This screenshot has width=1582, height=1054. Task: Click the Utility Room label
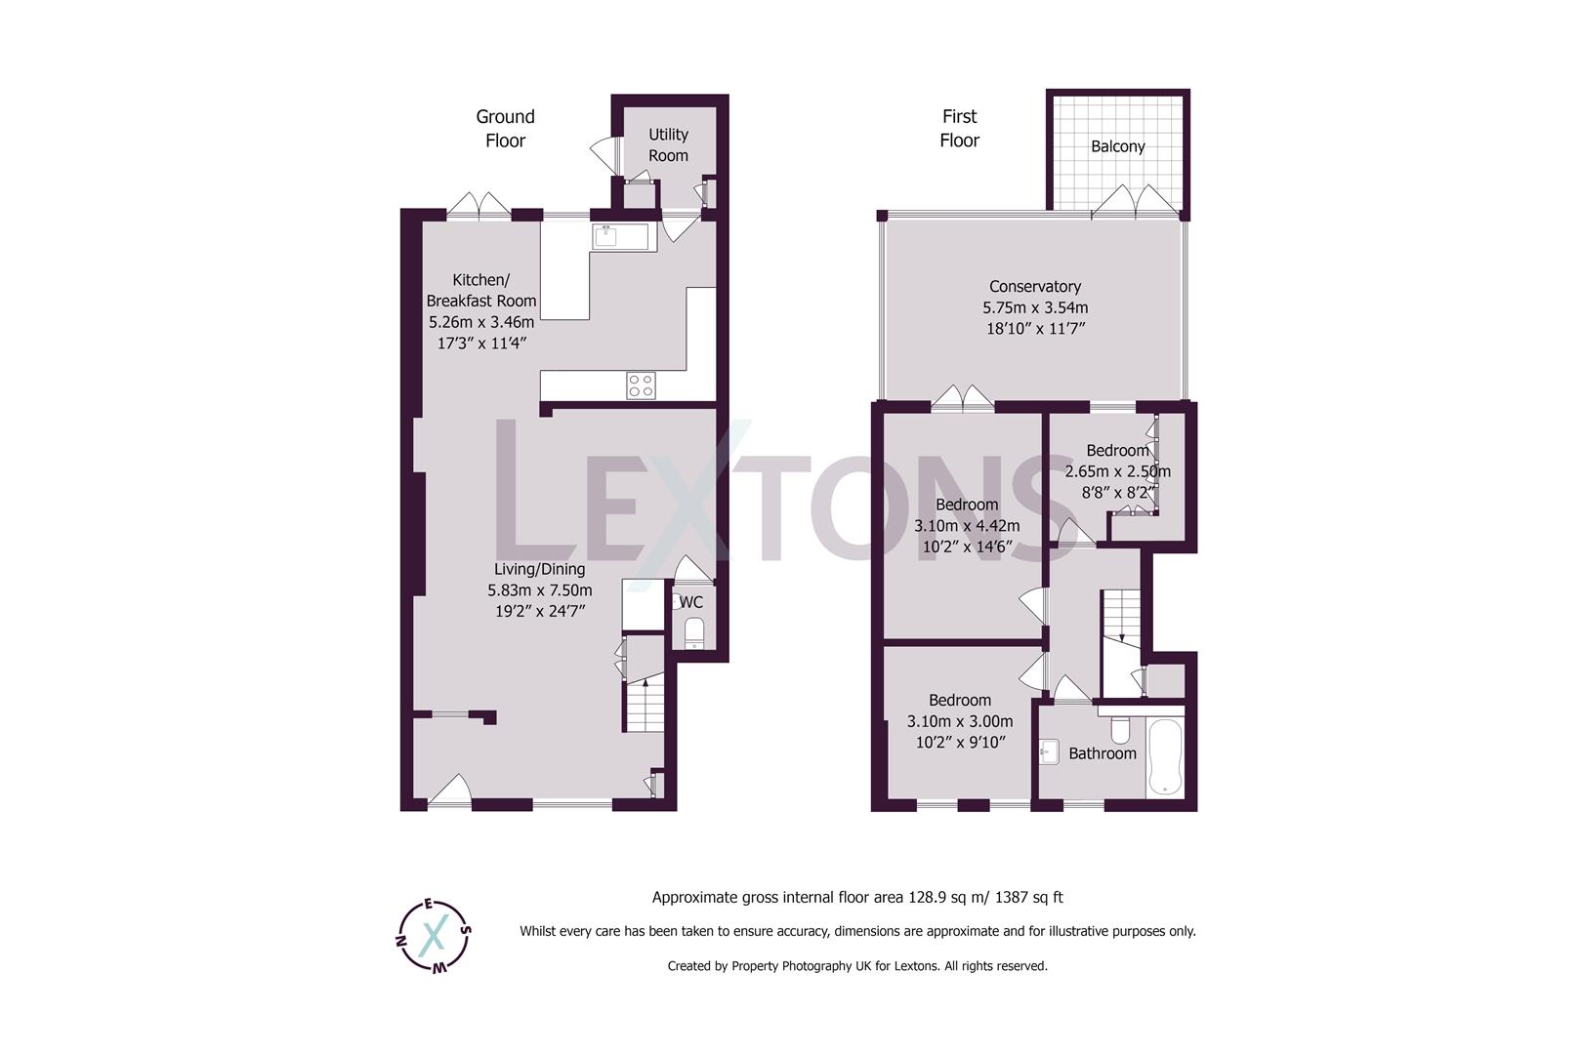point(668,144)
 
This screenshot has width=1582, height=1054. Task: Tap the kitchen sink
point(606,235)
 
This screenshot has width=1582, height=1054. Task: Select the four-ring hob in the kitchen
point(641,385)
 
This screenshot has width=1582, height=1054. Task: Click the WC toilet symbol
point(693,631)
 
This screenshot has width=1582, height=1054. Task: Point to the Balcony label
point(1117,146)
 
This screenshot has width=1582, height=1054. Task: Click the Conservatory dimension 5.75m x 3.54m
point(1035,307)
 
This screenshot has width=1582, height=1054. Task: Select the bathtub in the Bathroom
point(1166,757)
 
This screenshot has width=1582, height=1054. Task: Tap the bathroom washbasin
point(1050,751)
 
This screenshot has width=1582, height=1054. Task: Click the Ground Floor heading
point(505,128)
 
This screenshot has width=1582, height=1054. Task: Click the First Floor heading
point(959,128)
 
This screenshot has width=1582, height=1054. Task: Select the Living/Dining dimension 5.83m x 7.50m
point(539,590)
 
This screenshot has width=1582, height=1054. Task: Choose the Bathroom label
point(1102,753)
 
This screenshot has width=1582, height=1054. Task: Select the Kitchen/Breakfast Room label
point(480,290)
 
